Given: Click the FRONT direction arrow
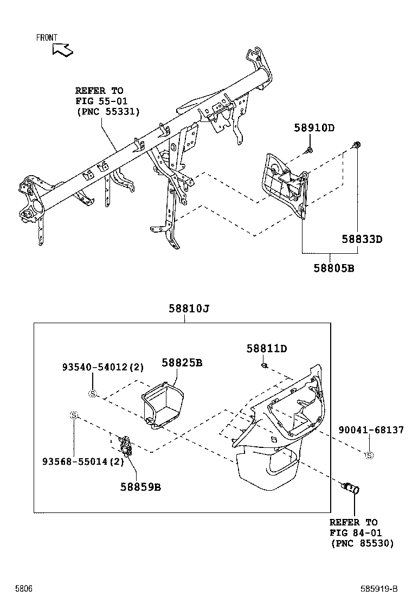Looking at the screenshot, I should pos(63,49).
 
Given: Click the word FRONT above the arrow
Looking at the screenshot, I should pos(47,37).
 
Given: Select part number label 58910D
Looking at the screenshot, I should pos(314,129).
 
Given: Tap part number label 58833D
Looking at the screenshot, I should pos(362,239).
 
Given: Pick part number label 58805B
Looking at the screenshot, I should pos(333,268).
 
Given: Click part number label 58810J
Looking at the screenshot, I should pos(188,309).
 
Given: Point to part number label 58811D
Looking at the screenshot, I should pos(266,349).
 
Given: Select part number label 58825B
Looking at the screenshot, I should pos(182,362).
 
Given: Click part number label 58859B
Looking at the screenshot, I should pos(140,486).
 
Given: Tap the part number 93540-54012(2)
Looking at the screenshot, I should pos(102,368).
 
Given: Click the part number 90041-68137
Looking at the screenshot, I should pos(371,430).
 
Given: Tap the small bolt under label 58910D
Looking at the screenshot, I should pos(308,149).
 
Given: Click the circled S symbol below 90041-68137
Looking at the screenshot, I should pos(369,455).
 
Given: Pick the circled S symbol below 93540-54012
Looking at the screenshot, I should pos(92,394).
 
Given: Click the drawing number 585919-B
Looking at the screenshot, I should pos(379,589).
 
